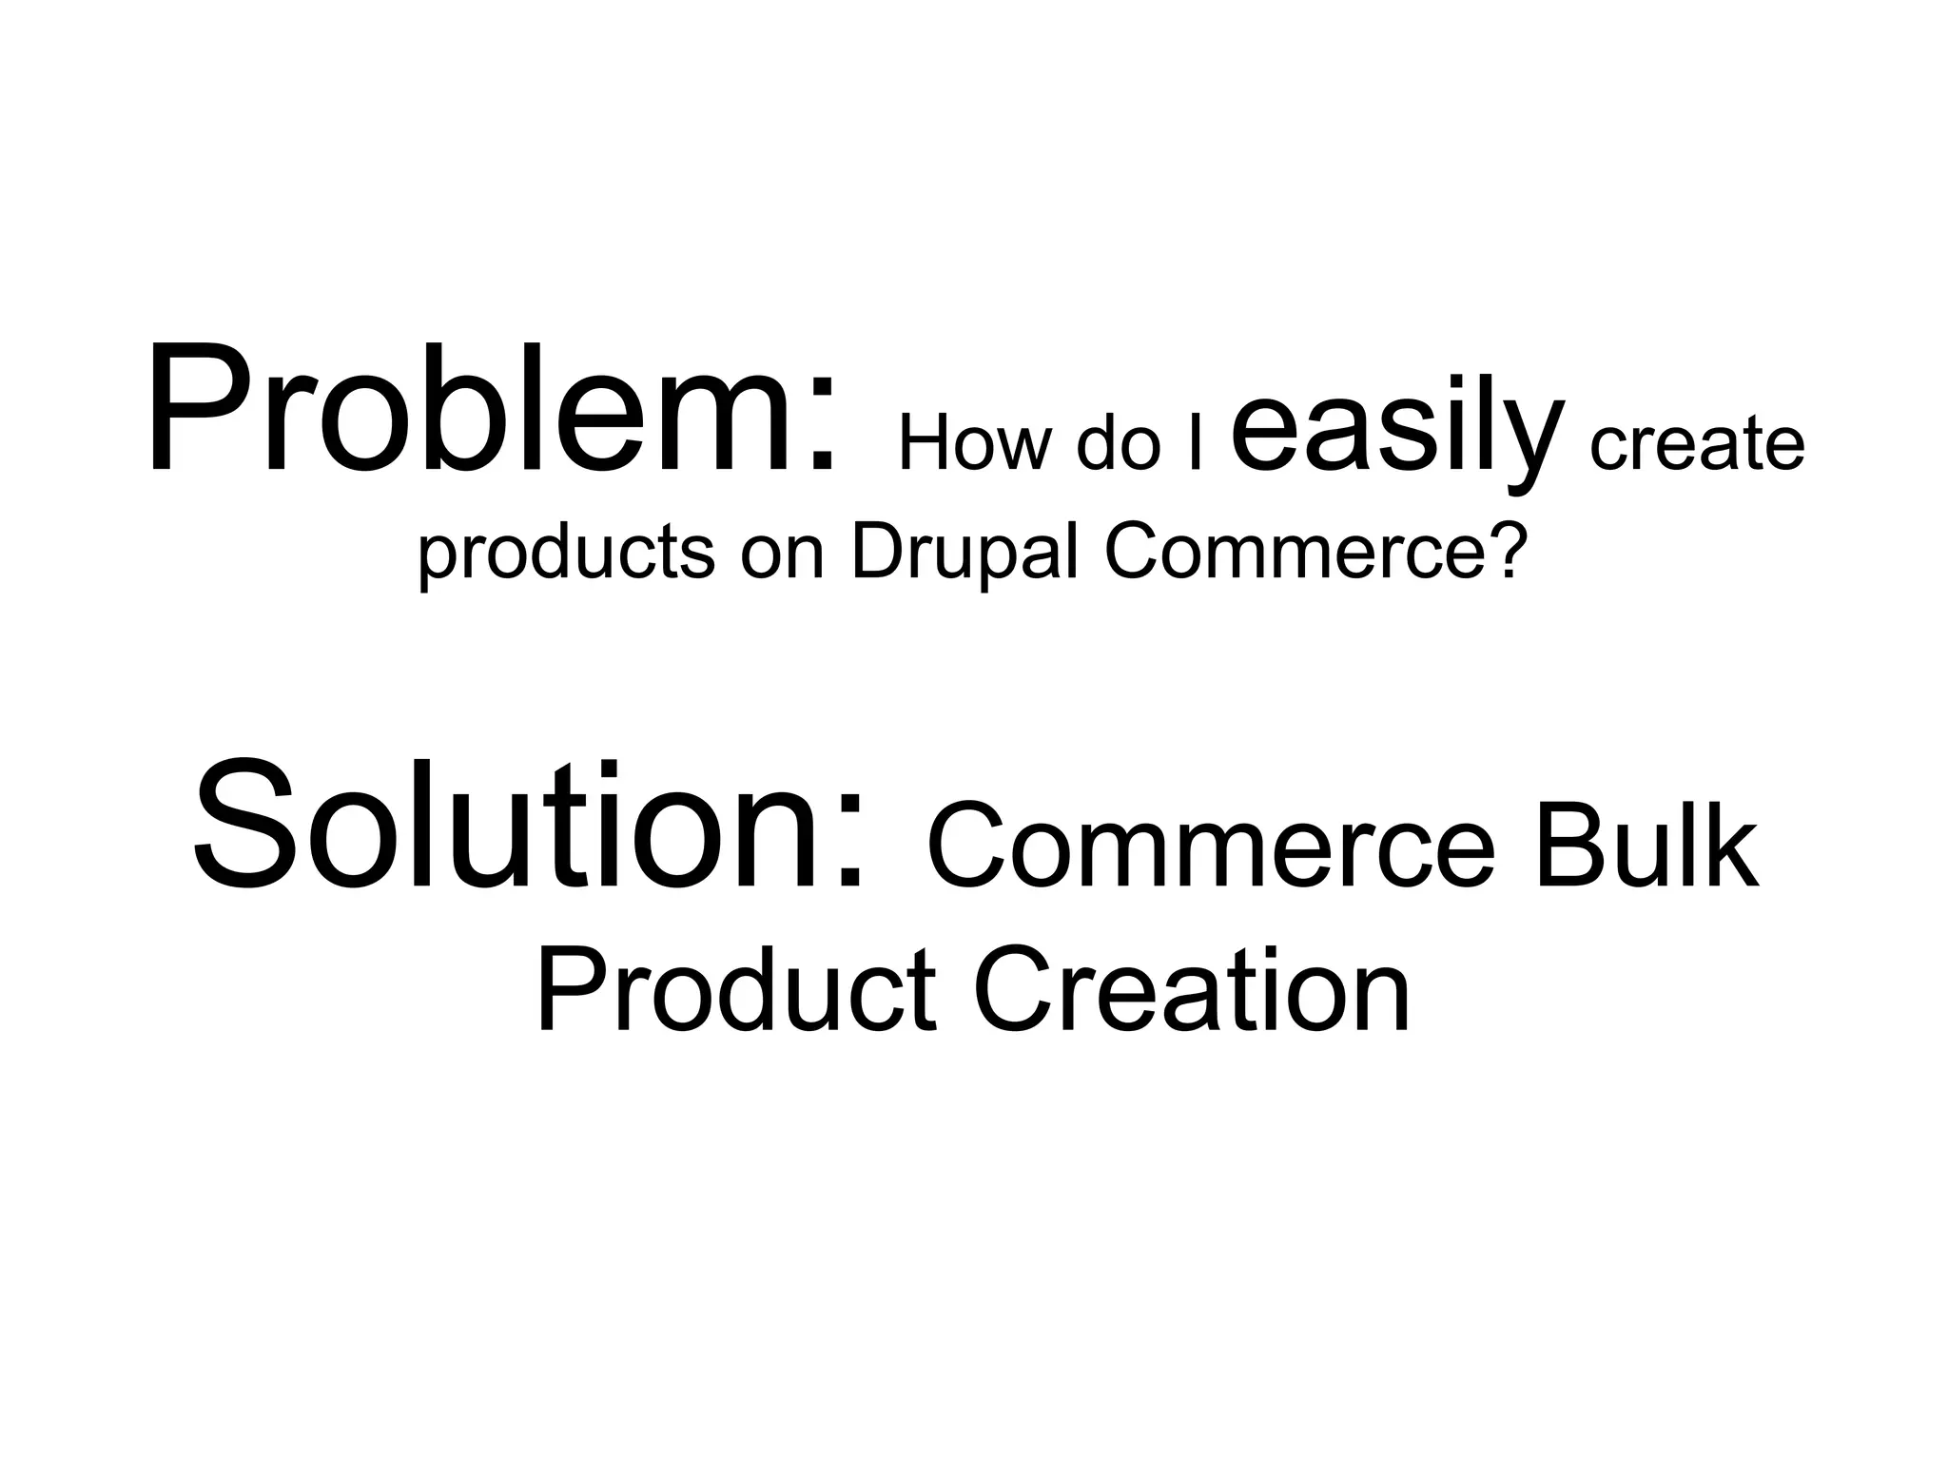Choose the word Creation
[1191, 989]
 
